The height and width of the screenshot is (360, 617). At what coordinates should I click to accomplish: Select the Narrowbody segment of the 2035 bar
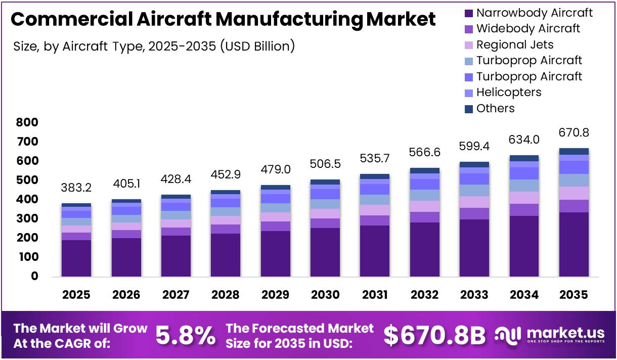[x=574, y=244]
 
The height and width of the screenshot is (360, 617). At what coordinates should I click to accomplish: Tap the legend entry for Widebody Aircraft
[x=528, y=28]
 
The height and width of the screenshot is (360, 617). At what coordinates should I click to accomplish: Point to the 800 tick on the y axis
[x=27, y=122]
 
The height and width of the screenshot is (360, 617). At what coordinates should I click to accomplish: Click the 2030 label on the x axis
[x=325, y=295]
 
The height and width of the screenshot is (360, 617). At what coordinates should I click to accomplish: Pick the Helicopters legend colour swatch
[x=468, y=93]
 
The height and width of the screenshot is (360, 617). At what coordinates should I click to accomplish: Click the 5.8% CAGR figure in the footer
[x=185, y=335]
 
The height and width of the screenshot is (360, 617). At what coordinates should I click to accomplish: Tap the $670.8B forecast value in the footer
[x=434, y=335]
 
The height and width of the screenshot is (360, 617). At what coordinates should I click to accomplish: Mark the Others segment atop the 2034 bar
[x=524, y=158]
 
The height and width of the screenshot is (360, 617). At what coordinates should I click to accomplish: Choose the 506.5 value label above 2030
[x=325, y=164]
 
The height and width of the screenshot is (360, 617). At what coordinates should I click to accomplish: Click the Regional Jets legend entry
[x=514, y=44]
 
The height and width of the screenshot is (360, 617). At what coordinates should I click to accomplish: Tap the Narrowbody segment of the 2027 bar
[x=175, y=255]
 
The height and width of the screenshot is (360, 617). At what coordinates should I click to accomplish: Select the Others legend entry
[x=495, y=108]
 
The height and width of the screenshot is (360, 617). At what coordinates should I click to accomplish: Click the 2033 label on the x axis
[x=474, y=295]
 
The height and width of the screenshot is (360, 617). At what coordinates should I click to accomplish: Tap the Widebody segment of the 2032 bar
[x=424, y=217]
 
